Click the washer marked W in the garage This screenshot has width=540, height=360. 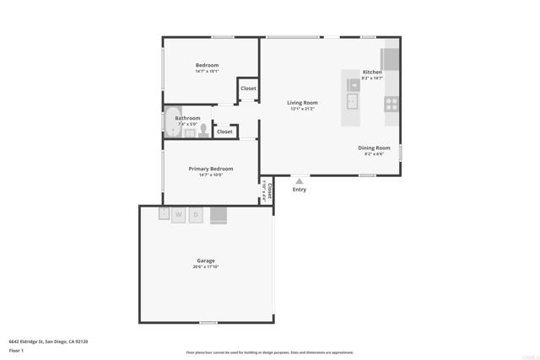(x=178, y=215)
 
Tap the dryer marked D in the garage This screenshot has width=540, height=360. (x=196, y=215)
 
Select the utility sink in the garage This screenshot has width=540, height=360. (x=164, y=213)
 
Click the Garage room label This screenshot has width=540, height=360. (x=206, y=261)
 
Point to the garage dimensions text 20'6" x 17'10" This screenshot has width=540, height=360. (x=206, y=267)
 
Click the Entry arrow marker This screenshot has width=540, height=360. (x=299, y=180)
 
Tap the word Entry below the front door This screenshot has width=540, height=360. (x=300, y=190)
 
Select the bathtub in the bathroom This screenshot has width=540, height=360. (x=170, y=123)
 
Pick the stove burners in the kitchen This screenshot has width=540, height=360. (x=391, y=104)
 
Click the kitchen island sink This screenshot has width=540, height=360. (x=352, y=102)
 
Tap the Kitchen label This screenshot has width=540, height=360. (x=372, y=73)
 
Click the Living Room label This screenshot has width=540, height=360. (x=301, y=102)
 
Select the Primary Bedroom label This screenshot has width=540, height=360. (x=210, y=169)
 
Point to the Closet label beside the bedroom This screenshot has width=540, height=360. (x=248, y=89)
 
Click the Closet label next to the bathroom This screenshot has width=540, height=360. (x=224, y=132)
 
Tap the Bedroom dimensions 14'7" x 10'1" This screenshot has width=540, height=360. (x=208, y=72)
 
